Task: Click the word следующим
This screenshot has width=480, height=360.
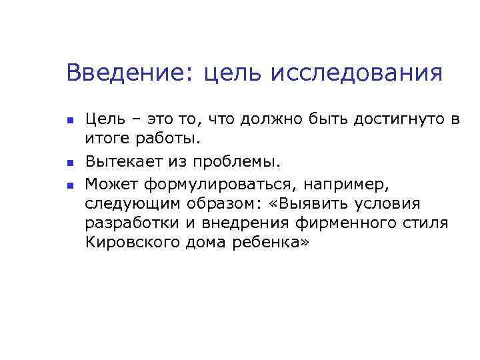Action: (125, 203)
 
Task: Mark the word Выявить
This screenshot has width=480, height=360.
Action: (315, 203)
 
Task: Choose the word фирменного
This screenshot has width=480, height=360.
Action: (341, 223)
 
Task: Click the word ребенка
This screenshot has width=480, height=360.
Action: (271, 243)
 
